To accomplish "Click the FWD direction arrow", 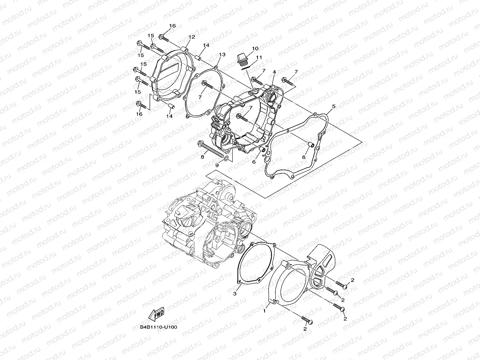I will coord(156,314).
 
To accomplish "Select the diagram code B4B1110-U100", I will coord(158,327).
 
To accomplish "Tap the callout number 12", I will coord(192,37).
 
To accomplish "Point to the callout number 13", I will coord(222,54).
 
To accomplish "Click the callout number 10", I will coord(255,48).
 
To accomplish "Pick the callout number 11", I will coord(259,58).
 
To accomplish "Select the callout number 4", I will coord(274,72).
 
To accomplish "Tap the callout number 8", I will coord(202,157).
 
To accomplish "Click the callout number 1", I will coord(265,311).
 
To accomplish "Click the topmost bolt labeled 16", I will coord(163,38).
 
